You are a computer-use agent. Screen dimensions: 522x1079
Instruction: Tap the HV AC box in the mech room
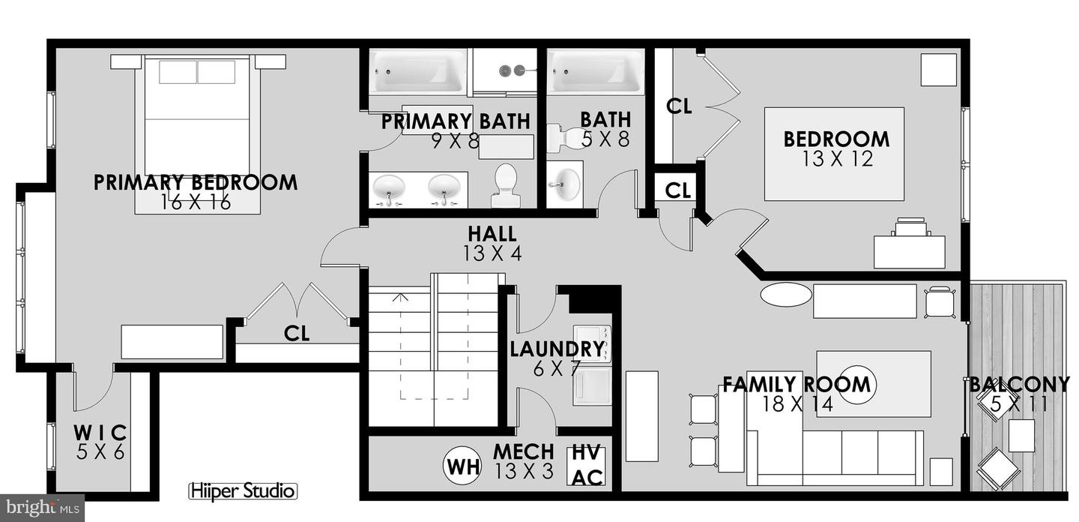pyautogui.click(x=587, y=466)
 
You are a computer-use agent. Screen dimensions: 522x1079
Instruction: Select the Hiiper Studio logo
pyautogui.click(x=242, y=492)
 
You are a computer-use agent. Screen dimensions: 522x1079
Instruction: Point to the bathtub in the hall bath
pyautogui.click(x=596, y=72)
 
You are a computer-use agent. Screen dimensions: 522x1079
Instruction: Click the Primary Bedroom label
pyautogui.click(x=196, y=182)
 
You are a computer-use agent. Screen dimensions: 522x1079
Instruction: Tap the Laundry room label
pyautogui.click(x=557, y=349)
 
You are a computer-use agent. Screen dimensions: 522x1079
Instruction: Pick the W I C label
pyautogui.click(x=100, y=433)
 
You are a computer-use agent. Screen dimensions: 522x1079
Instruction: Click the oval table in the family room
pyautogui.click(x=785, y=294)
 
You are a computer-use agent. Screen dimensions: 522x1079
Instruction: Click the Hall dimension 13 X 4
pyautogui.click(x=492, y=253)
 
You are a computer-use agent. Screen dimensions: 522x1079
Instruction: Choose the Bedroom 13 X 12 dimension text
pyautogui.click(x=838, y=159)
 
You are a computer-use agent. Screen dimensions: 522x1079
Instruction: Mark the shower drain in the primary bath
pyautogui.click(x=517, y=70)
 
